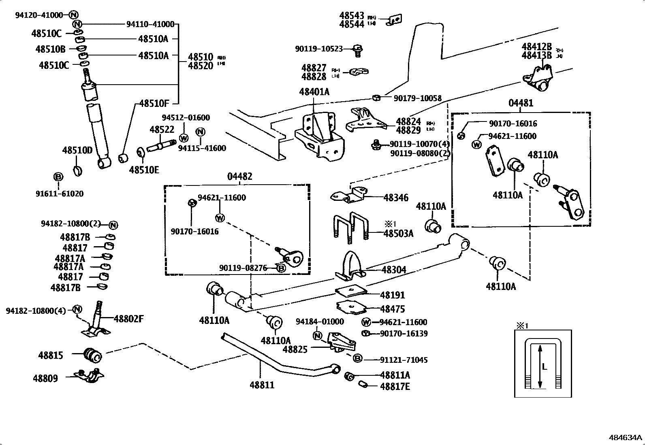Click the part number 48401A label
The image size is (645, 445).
click(x=314, y=92)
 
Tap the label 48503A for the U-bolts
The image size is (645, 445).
click(x=398, y=234)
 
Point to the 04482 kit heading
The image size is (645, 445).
click(x=239, y=177)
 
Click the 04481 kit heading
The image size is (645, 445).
click(x=521, y=103)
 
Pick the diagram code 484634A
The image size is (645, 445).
click(x=626, y=438)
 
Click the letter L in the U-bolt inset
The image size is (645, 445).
click(x=545, y=367)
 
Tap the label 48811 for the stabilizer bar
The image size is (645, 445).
click(x=262, y=385)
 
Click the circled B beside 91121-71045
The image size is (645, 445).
click(x=357, y=358)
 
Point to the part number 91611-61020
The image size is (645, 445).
click(x=59, y=194)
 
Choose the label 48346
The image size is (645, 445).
click(x=396, y=198)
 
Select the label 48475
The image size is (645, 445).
click(x=392, y=309)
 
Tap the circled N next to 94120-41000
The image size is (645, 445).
click(x=73, y=15)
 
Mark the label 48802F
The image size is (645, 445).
click(x=128, y=319)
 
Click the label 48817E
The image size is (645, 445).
click(x=395, y=387)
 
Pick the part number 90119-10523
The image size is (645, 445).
click(x=318, y=49)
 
